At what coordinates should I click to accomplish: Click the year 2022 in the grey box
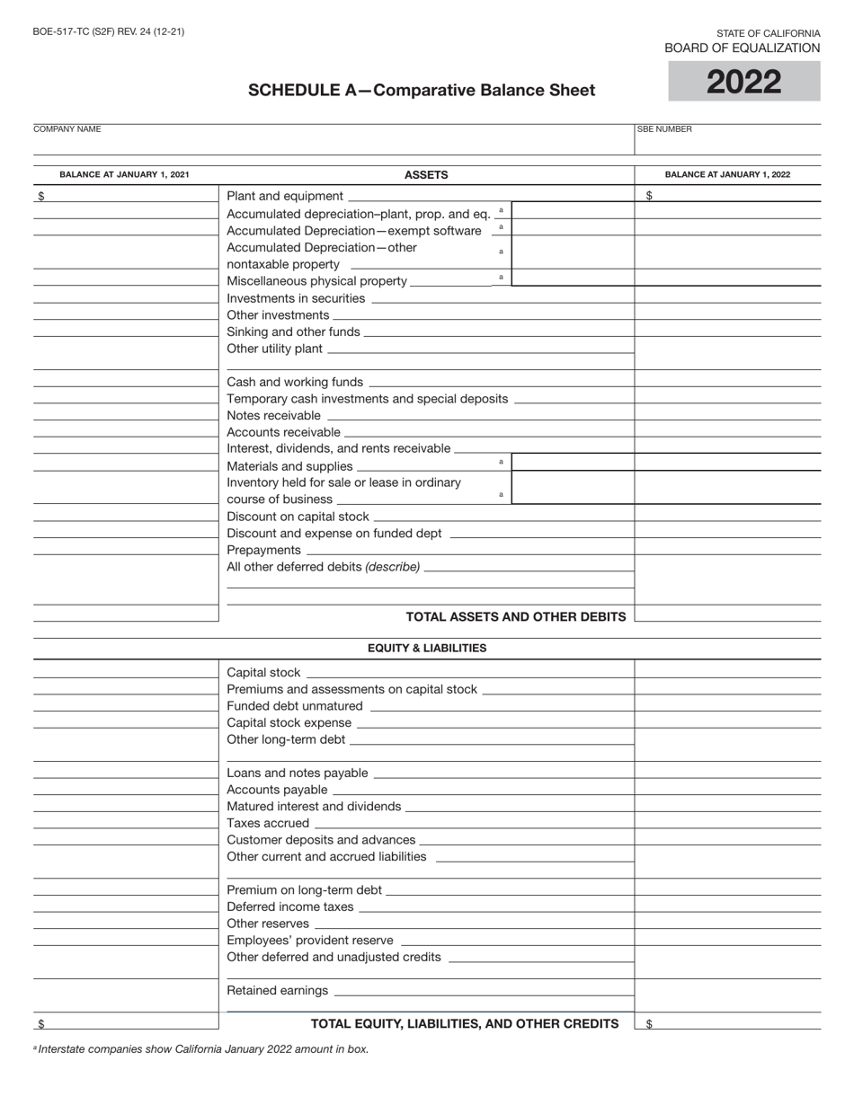coord(743,83)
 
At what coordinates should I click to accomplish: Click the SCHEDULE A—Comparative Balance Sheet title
coord(422,90)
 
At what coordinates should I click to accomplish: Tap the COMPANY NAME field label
coord(67,129)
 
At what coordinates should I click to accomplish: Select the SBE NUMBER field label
coord(664,129)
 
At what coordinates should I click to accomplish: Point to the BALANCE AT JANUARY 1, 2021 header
coord(124,174)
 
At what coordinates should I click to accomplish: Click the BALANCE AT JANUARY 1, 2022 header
coord(727,174)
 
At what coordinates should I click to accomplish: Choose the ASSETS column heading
coord(426,175)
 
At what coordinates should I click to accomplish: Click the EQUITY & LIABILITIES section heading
coord(427,648)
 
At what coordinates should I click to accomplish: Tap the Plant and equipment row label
coord(285,196)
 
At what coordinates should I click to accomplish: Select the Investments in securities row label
coord(296,298)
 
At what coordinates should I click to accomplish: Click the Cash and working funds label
coord(295,382)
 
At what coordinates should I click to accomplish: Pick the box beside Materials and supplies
coord(573,463)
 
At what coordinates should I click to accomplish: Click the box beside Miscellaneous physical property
coord(573,278)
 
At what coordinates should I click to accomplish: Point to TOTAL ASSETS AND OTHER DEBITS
coord(516,617)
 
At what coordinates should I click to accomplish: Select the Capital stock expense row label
coord(289,723)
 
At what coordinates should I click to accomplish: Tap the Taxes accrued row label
coord(268,823)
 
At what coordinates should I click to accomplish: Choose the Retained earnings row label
coord(278,991)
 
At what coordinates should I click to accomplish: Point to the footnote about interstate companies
coord(201,1049)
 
